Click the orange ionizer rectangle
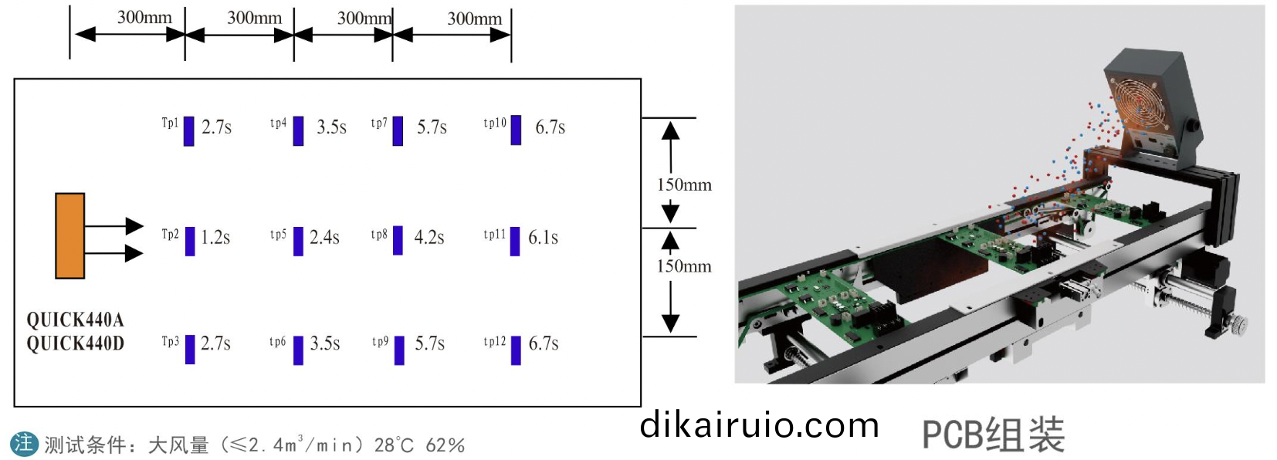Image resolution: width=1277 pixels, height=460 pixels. pos(70,235)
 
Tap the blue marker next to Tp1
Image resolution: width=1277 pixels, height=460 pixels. pos(188,131)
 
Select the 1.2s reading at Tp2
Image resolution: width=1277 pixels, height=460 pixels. pos(215,237)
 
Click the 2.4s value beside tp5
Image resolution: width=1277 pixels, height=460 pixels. pos(324,237)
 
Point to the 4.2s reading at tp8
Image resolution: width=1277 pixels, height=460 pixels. pos(428,237)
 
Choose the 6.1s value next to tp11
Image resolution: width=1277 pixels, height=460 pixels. pos(543,237)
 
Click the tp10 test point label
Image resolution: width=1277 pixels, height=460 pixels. pos(494,123)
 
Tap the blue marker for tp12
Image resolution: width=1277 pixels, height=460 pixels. pos(516,350)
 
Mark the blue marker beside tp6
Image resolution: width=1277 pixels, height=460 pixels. pos(298,350)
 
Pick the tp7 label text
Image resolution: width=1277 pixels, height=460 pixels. pos(379,123)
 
